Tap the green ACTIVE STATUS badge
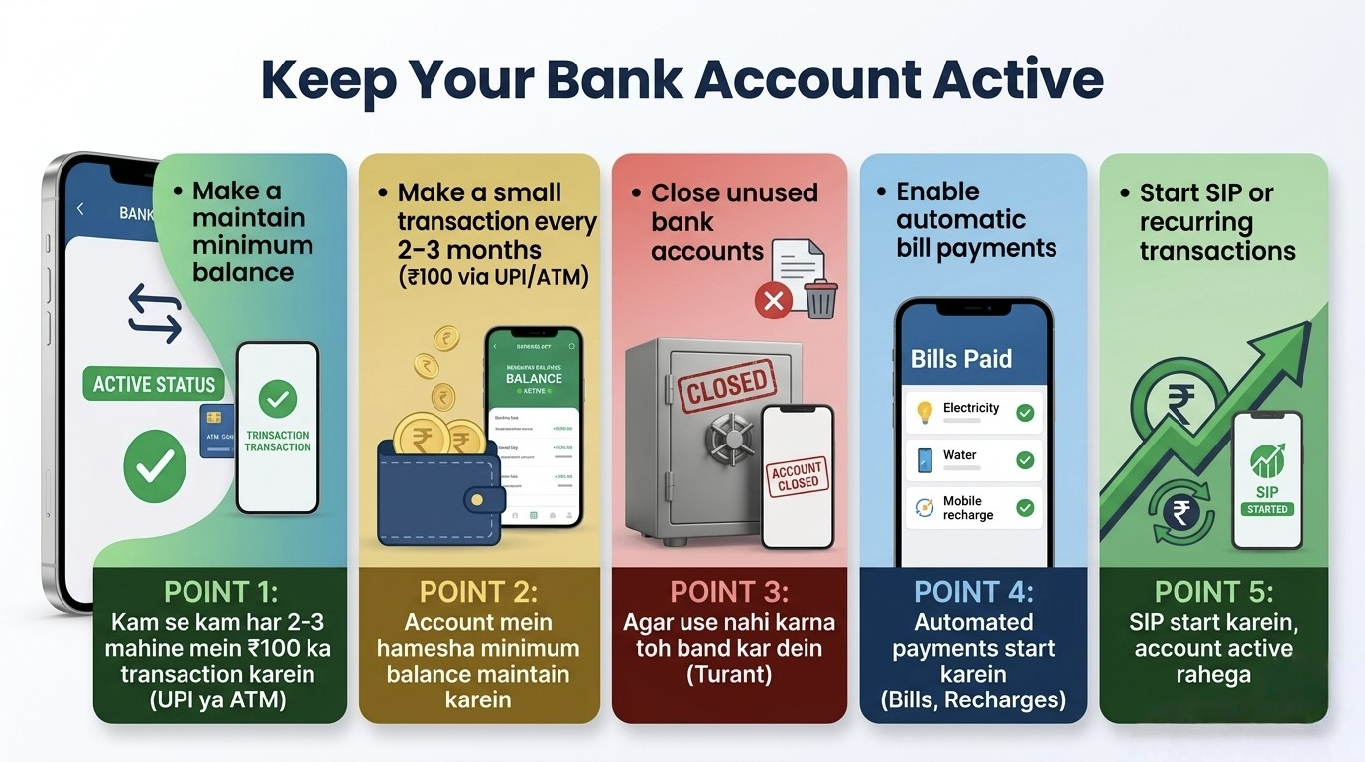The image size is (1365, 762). (x=154, y=385)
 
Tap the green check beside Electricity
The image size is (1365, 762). (x=1025, y=412)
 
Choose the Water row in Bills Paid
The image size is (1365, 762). (x=973, y=460)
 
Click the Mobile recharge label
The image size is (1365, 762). (x=968, y=508)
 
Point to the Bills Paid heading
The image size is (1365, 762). (x=961, y=358)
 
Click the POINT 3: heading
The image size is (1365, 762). (x=729, y=592)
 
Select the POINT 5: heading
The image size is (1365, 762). (x=1213, y=592)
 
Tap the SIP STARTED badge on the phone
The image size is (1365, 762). (x=1267, y=508)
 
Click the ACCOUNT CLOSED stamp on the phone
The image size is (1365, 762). (x=798, y=476)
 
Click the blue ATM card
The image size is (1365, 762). (x=216, y=431)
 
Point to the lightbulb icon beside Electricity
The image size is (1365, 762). (x=925, y=412)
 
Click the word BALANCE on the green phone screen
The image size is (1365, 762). (x=534, y=378)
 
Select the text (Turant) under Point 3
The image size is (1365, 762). (x=729, y=675)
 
